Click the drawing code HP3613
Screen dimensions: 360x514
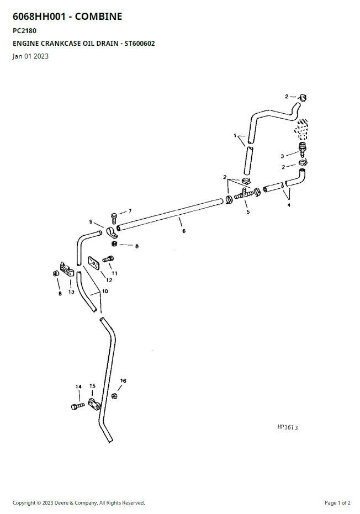click(x=288, y=427)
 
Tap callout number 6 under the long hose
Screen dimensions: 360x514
click(x=184, y=231)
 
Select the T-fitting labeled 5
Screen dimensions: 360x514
click(x=243, y=194)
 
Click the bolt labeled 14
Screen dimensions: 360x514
click(x=78, y=406)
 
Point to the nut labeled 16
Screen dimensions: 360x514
click(x=114, y=396)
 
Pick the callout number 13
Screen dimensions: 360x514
click(x=71, y=292)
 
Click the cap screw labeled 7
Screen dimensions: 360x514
click(x=114, y=218)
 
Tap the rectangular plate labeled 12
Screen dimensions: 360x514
click(x=93, y=263)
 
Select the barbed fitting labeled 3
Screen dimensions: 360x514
click(x=302, y=150)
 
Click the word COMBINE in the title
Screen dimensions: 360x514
click(x=98, y=17)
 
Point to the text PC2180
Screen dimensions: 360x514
click(x=25, y=31)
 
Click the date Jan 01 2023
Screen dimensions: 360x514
click(x=30, y=56)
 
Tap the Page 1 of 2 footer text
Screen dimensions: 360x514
click(x=337, y=502)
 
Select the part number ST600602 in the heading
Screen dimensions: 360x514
click(x=140, y=43)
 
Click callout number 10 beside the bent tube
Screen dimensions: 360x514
click(x=105, y=291)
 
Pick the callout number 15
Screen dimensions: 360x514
click(x=92, y=386)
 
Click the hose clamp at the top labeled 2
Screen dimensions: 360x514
click(x=303, y=97)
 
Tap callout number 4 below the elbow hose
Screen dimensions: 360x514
click(x=289, y=205)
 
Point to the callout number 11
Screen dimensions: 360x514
click(x=114, y=273)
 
